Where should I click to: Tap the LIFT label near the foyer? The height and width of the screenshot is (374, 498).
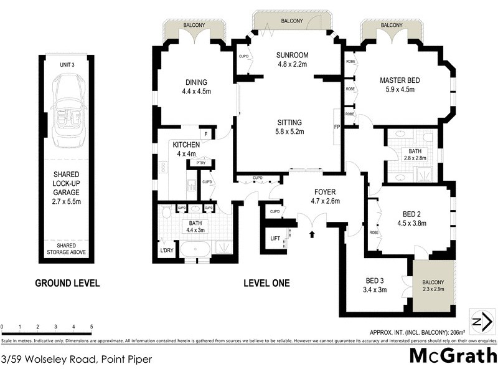(x=275, y=238)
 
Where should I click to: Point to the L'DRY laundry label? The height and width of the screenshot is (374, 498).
(x=167, y=250)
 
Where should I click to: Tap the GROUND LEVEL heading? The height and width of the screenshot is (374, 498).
(x=67, y=283)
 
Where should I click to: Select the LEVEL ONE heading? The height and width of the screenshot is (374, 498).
(x=266, y=283)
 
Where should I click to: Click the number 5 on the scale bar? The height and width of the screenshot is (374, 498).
(x=92, y=327)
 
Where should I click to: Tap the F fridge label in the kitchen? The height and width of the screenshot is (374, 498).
(x=205, y=134)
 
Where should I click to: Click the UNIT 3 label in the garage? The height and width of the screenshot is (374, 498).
(x=68, y=65)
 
